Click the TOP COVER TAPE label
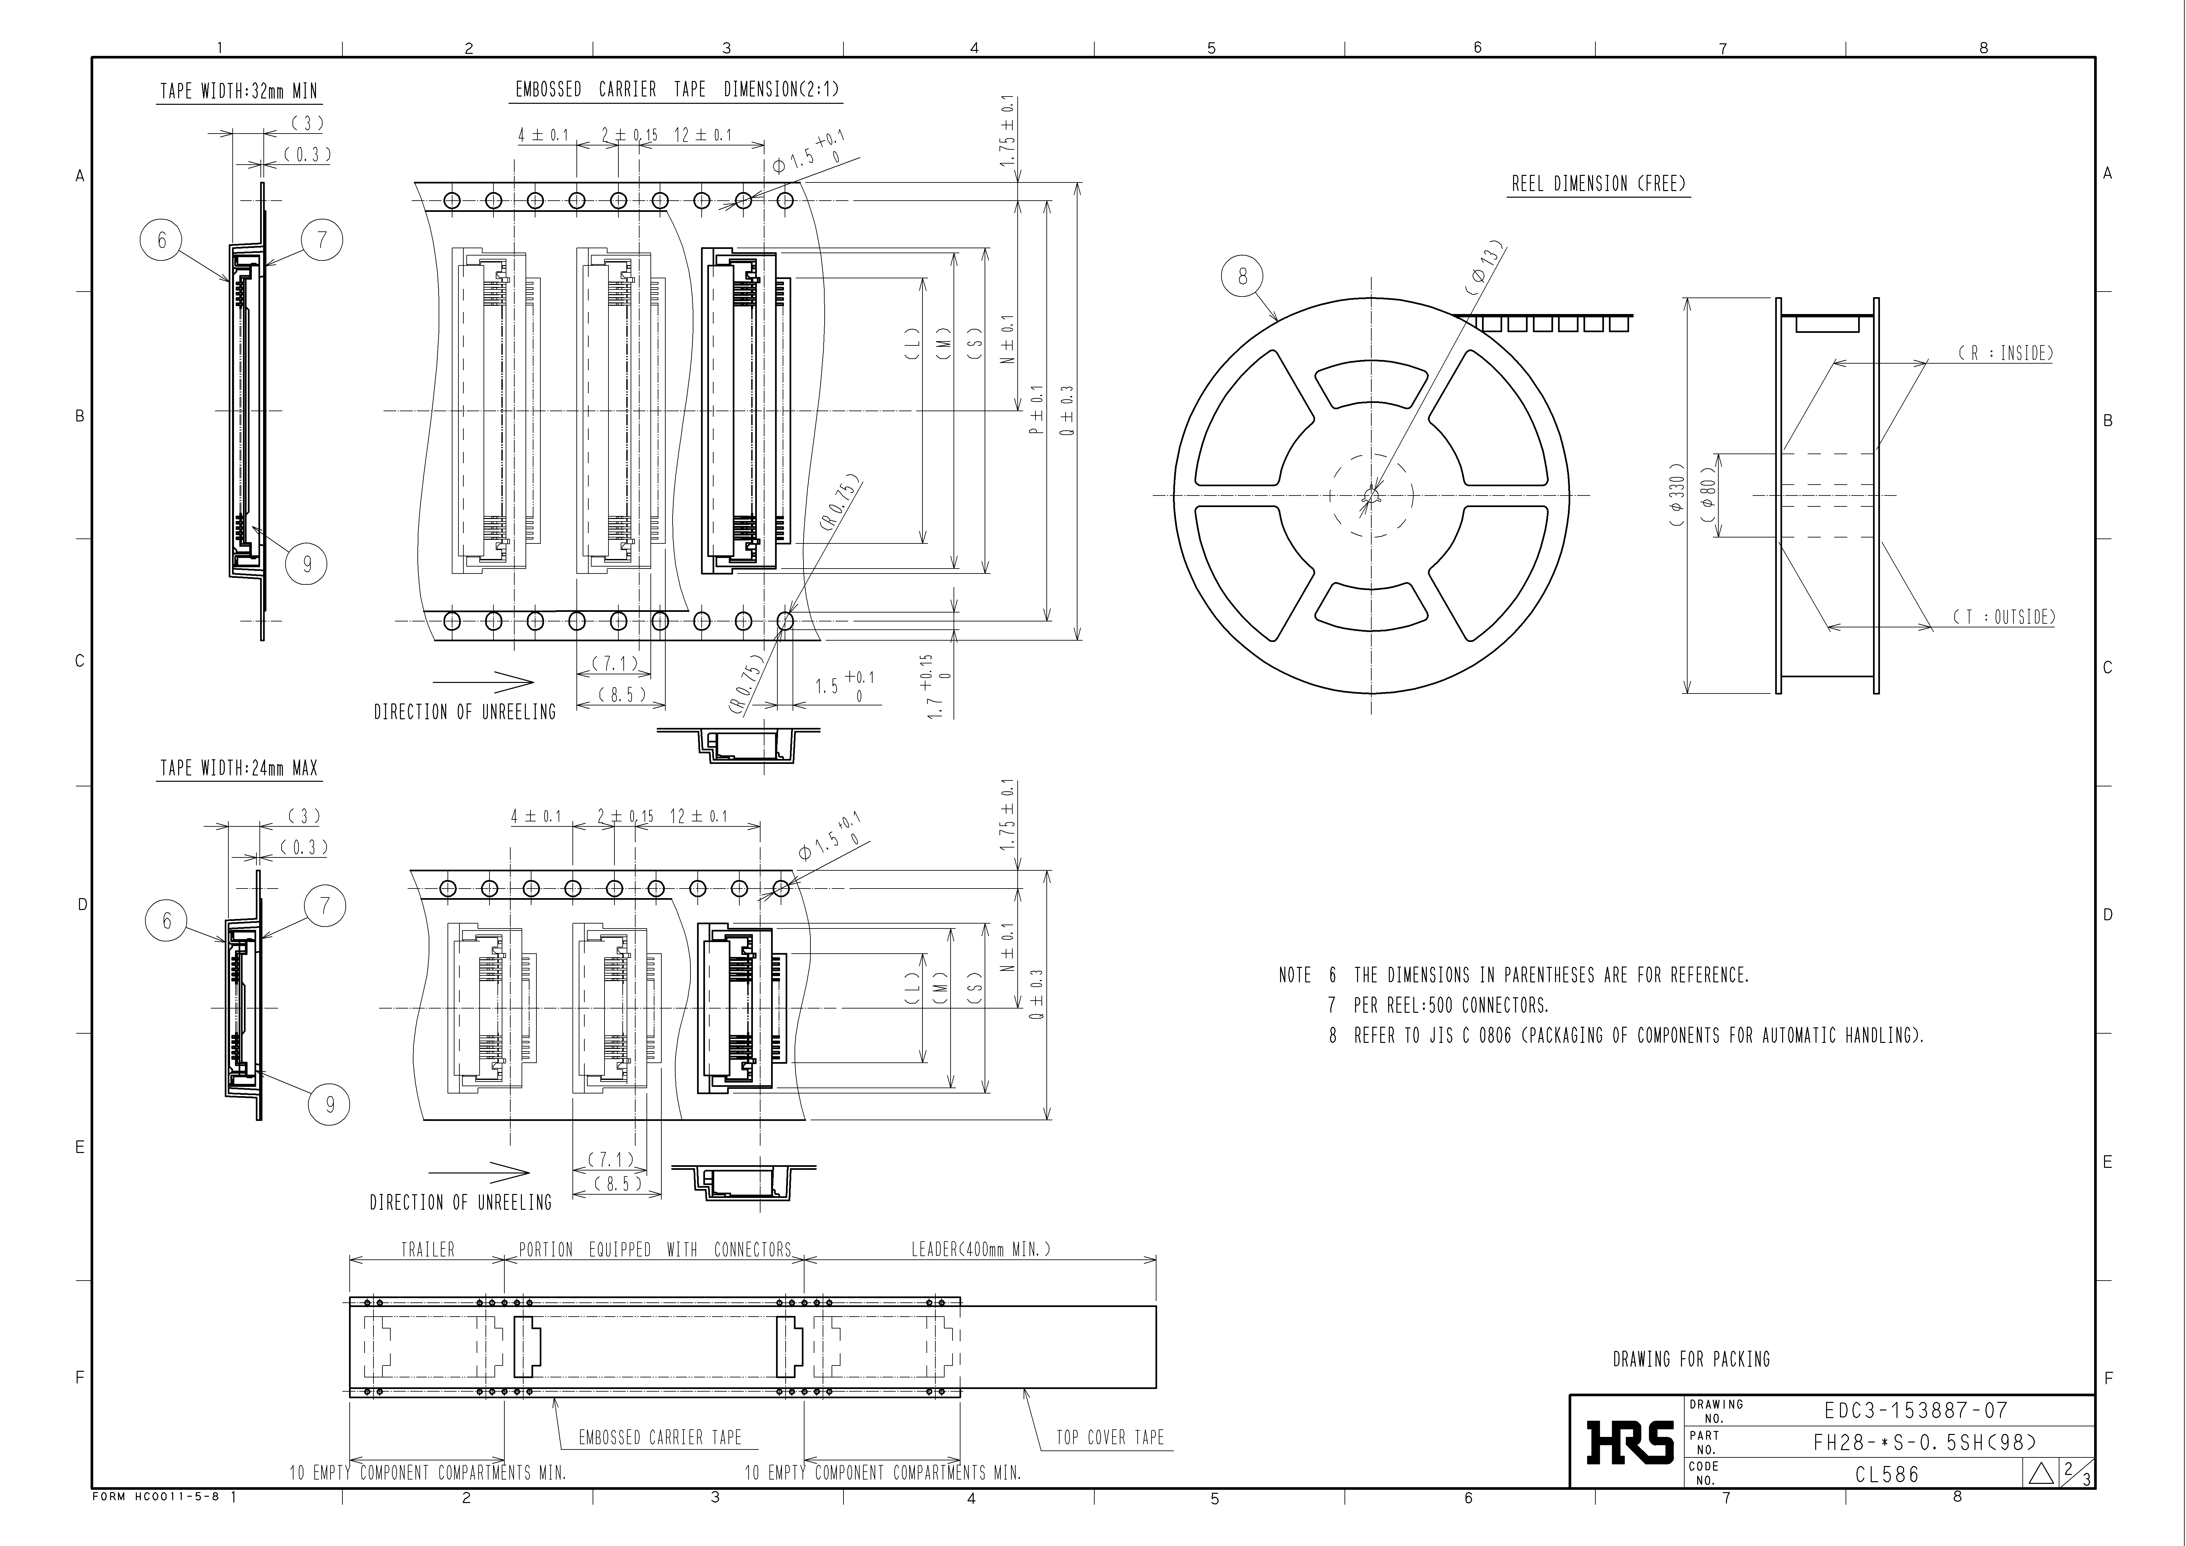pyautogui.click(x=1110, y=1438)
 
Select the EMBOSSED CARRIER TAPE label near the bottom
pyautogui.click(x=660, y=1438)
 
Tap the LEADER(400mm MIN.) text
pyautogui.click(x=981, y=1249)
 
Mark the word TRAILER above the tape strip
pyautogui.click(x=427, y=1249)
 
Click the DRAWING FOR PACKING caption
pyautogui.click(x=1691, y=1360)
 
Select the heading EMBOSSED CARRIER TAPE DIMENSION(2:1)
pyautogui.click(x=677, y=90)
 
